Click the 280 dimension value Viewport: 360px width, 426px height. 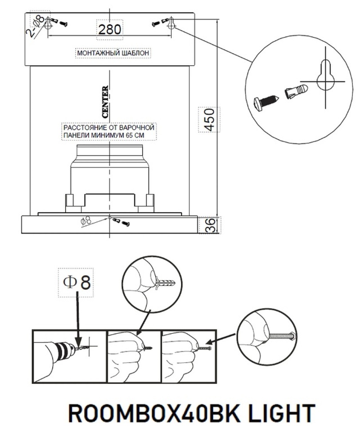coord(110,29)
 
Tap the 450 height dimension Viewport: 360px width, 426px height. coord(209,119)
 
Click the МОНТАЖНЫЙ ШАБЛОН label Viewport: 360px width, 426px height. coord(113,53)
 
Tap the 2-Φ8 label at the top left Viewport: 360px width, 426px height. coord(37,26)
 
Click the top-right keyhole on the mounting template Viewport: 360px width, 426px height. coord(171,24)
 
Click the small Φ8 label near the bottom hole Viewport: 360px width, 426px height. coord(86,221)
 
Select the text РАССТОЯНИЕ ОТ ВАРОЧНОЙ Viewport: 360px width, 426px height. coord(109,127)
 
